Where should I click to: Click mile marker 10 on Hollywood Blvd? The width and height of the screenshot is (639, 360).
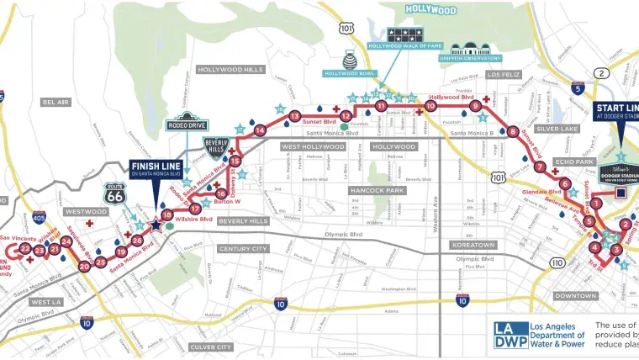430,106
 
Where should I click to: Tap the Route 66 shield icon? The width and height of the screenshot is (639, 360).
115,194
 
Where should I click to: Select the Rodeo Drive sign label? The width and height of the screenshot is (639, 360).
186,125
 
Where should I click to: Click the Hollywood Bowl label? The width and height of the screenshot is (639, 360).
350,73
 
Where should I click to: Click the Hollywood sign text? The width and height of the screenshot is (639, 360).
430,10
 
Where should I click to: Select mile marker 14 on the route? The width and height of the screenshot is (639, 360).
260,130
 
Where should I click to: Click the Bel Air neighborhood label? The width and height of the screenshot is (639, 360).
55,102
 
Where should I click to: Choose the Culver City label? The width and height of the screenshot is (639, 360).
211,347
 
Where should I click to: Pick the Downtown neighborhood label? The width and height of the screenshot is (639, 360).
576,296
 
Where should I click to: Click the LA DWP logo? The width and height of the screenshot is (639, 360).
509,334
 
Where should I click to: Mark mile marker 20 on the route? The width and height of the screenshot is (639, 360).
84,267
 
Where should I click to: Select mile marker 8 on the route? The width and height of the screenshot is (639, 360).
513,131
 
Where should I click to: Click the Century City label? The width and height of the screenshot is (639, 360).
243,249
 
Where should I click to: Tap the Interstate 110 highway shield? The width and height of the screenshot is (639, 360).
557,263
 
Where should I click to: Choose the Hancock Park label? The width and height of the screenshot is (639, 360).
378,191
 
